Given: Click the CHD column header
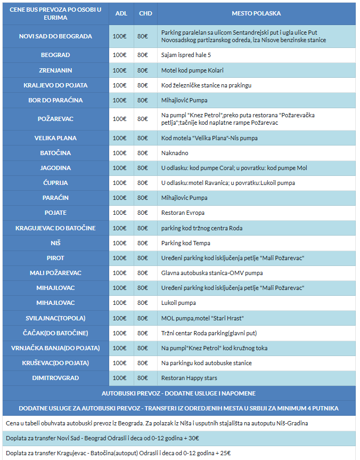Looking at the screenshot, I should (145, 13).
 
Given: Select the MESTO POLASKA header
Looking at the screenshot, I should (256, 13).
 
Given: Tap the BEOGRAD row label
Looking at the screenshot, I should (55, 55).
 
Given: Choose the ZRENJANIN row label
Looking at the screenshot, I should (55, 70).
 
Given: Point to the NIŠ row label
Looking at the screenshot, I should (55, 243).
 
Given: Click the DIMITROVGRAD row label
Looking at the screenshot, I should (55, 378).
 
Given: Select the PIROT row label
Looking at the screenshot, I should (55, 258).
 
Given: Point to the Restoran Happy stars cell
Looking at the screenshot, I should (189, 378).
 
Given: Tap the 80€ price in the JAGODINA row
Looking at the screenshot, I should (143, 168).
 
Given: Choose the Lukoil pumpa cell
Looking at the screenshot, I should (178, 303).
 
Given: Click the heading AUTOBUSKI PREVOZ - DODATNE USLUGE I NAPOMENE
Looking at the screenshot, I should (178, 393).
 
